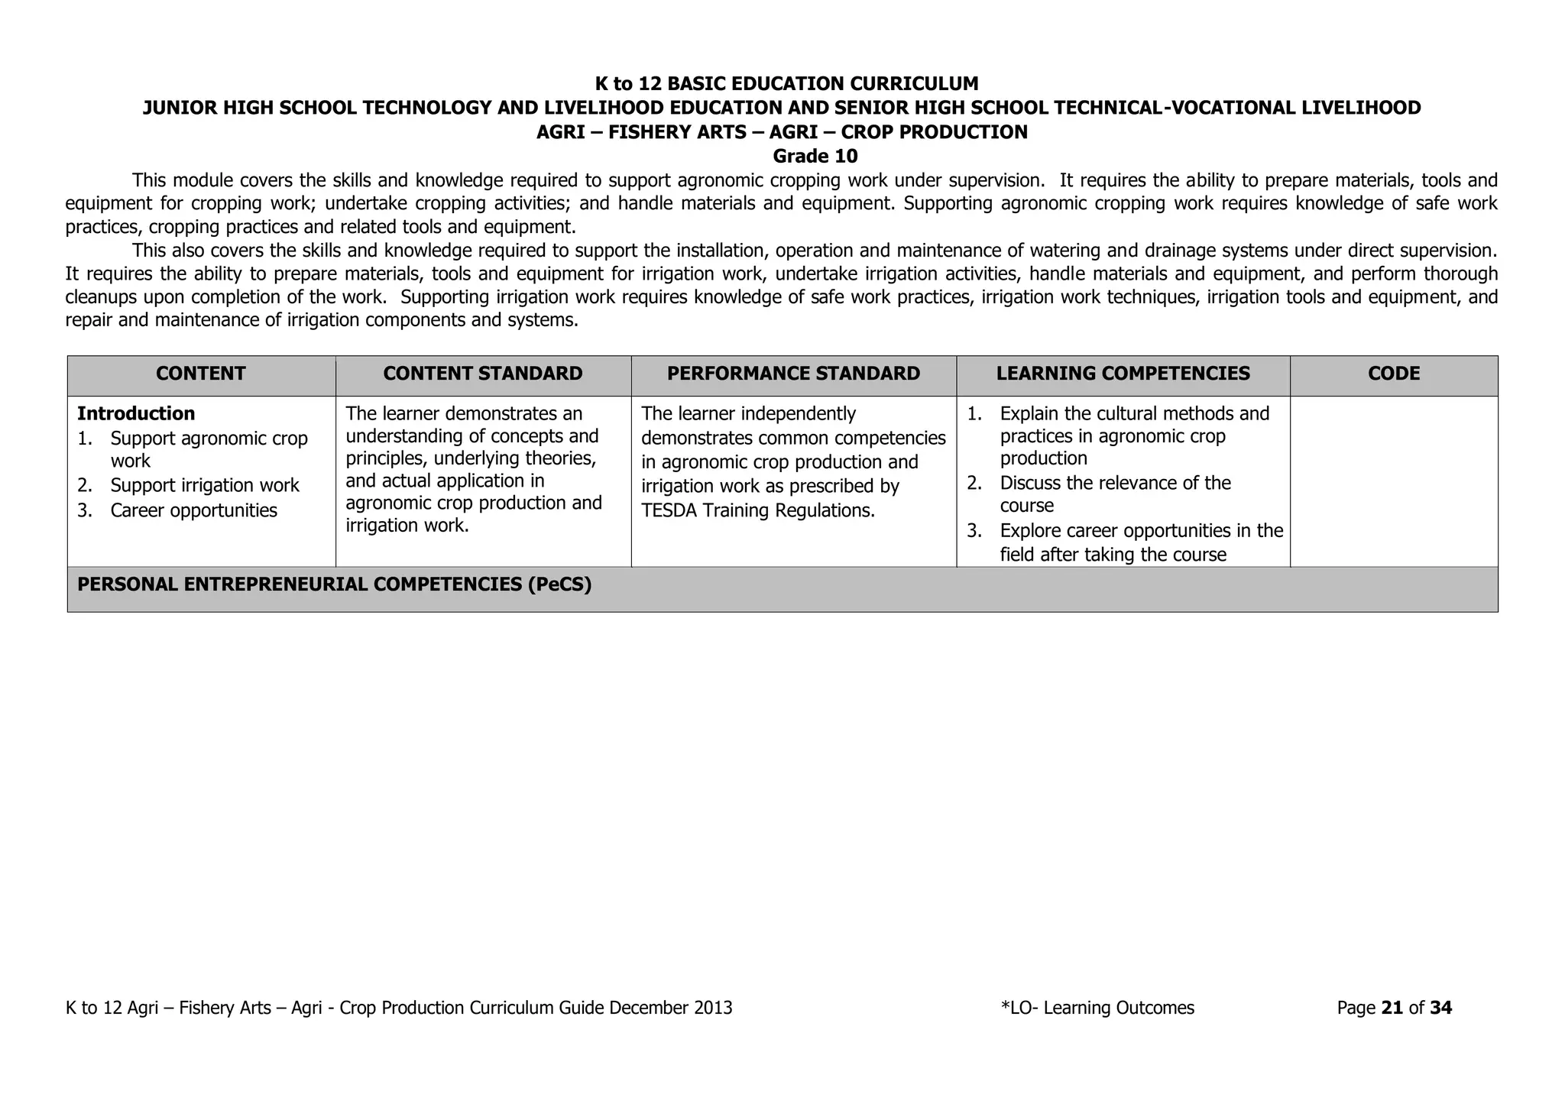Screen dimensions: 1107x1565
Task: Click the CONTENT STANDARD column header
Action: pyautogui.click(x=482, y=374)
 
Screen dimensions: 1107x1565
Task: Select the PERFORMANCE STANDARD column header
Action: pyautogui.click(x=793, y=374)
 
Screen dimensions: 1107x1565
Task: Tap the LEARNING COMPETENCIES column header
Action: pyautogui.click(x=1123, y=374)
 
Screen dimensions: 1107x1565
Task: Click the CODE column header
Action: pyautogui.click(x=1394, y=374)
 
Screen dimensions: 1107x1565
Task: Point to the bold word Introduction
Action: pyautogui.click(x=136, y=414)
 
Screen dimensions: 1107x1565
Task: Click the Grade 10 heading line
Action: pyautogui.click(x=815, y=157)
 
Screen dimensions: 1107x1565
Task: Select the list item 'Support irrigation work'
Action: pyautogui.click(x=204, y=486)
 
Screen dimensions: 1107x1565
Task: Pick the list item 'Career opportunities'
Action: pyautogui.click(x=193, y=510)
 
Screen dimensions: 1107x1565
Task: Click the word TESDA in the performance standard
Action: pyautogui.click(x=669, y=510)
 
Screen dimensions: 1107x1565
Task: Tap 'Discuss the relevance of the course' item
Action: pyautogui.click(x=1114, y=494)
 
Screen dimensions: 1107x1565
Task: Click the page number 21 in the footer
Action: pyautogui.click(x=1392, y=1008)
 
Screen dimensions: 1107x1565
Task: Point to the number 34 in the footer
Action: pyautogui.click(x=1440, y=1008)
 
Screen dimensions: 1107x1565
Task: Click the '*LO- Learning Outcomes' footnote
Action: pyautogui.click(x=1097, y=1008)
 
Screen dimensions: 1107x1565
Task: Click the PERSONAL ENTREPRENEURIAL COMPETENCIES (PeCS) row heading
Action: pyautogui.click(x=335, y=584)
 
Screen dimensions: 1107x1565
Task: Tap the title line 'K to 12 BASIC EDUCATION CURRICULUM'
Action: pyautogui.click(x=786, y=84)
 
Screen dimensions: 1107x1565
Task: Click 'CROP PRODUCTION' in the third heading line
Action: pyautogui.click(x=934, y=132)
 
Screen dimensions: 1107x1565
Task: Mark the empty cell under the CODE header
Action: pyautogui.click(x=1394, y=481)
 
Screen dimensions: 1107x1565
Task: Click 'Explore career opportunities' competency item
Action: pyautogui.click(x=1140, y=542)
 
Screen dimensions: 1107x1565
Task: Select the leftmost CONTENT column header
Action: pyautogui.click(x=200, y=374)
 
